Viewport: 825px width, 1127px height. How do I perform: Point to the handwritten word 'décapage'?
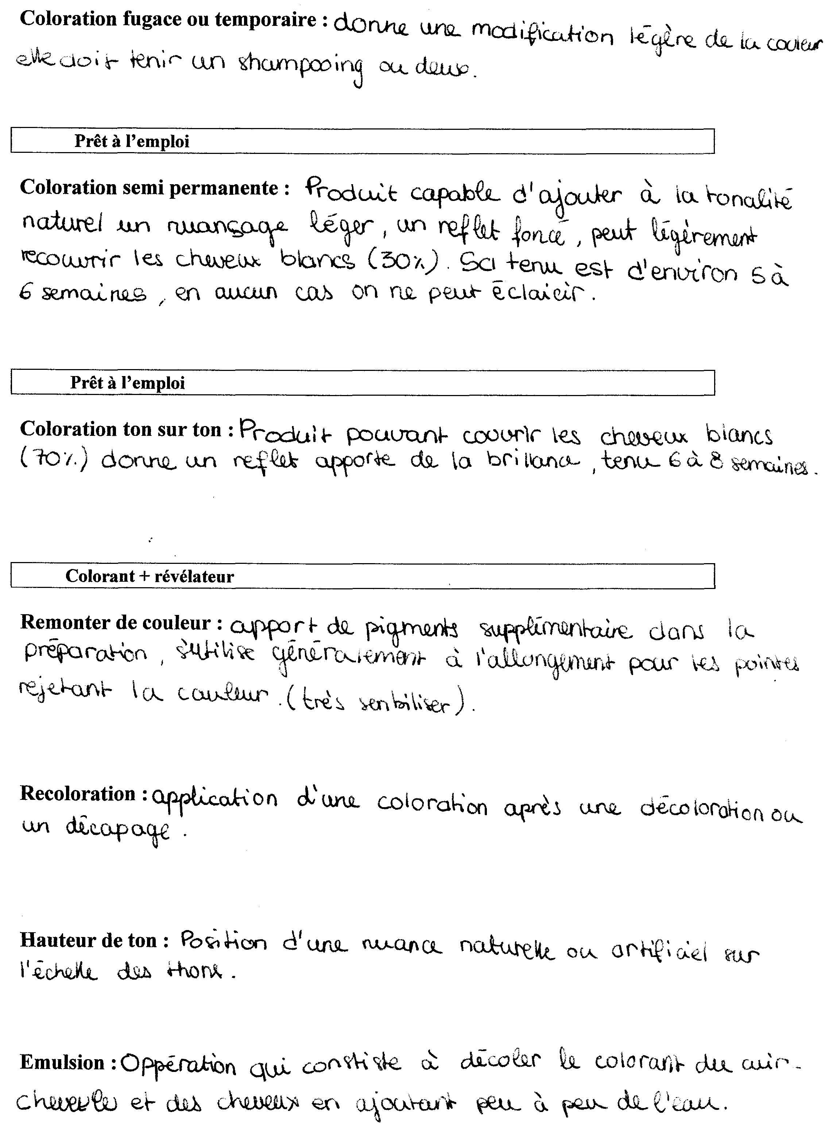tap(118, 829)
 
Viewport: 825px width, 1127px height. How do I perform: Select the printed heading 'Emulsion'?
tap(62, 1062)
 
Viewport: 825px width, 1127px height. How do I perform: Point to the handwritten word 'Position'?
tap(223, 942)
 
